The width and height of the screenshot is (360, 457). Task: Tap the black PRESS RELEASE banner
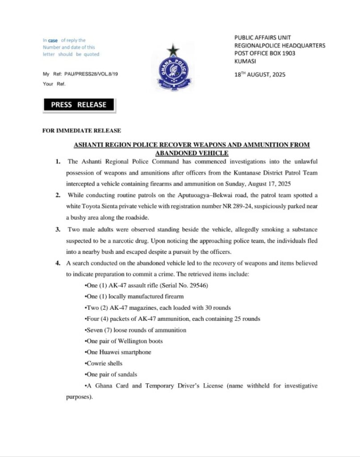pos(79,105)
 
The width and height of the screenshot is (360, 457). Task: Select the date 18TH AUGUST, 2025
pos(260,75)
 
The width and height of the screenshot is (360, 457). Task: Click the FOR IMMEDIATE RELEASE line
pos(81,131)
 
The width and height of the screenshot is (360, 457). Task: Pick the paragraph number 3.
pos(58,229)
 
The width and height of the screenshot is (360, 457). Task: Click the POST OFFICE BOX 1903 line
pos(265,53)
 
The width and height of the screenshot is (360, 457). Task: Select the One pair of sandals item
pos(112,374)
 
